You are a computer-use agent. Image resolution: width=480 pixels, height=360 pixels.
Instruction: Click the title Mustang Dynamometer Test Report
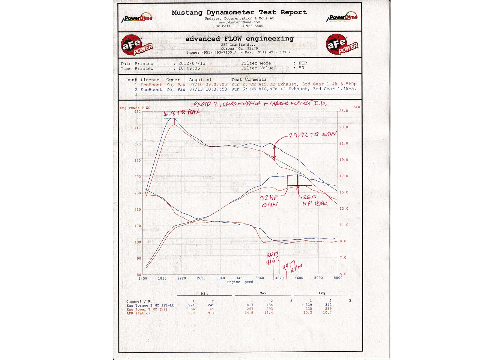tap(239, 12)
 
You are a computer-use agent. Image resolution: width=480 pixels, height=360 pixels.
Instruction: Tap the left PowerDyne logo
tap(137, 18)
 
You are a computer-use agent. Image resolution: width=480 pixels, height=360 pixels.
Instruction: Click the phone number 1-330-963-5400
tap(248, 26)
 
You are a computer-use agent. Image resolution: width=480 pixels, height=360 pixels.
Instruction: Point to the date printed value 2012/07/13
tap(192, 64)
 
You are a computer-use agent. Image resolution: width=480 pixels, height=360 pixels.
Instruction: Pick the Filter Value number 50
tap(301, 68)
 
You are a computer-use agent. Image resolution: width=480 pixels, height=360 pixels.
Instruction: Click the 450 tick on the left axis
tap(137, 112)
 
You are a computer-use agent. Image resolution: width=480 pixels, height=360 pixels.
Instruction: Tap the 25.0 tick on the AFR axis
tap(343, 111)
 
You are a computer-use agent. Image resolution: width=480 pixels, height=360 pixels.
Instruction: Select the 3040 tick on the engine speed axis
tap(220, 278)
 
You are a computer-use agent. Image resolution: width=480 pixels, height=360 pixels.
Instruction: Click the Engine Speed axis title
tap(240, 282)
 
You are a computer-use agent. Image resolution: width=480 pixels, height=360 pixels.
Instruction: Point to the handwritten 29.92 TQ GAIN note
tap(313, 135)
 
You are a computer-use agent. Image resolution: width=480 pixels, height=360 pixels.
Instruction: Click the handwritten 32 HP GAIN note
tap(269, 201)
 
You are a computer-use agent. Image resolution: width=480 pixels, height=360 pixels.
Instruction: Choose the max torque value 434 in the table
tap(269, 305)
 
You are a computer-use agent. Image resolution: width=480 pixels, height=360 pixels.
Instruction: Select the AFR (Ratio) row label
tap(138, 313)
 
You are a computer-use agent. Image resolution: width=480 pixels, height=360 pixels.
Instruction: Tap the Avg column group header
tap(321, 293)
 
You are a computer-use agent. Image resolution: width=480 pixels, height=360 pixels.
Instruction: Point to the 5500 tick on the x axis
tap(338, 278)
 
